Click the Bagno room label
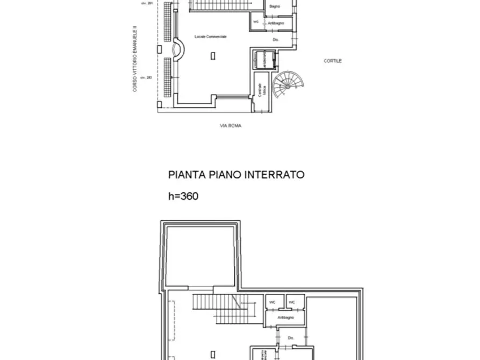coord(274,6)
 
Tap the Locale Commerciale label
coord(211,36)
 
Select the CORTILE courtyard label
coord(333,61)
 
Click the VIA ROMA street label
coord(231,126)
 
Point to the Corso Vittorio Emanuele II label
coord(135,61)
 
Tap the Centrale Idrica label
coord(260,90)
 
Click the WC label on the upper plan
coord(256,22)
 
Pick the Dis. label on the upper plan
coord(276,40)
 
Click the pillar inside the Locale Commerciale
coord(213,55)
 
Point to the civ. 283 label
coord(143,77)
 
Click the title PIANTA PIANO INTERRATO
coord(237,175)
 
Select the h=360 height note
coord(183,197)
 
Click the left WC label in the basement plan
coord(273,303)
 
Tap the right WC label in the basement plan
coord(292,303)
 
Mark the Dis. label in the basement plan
coord(290,337)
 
